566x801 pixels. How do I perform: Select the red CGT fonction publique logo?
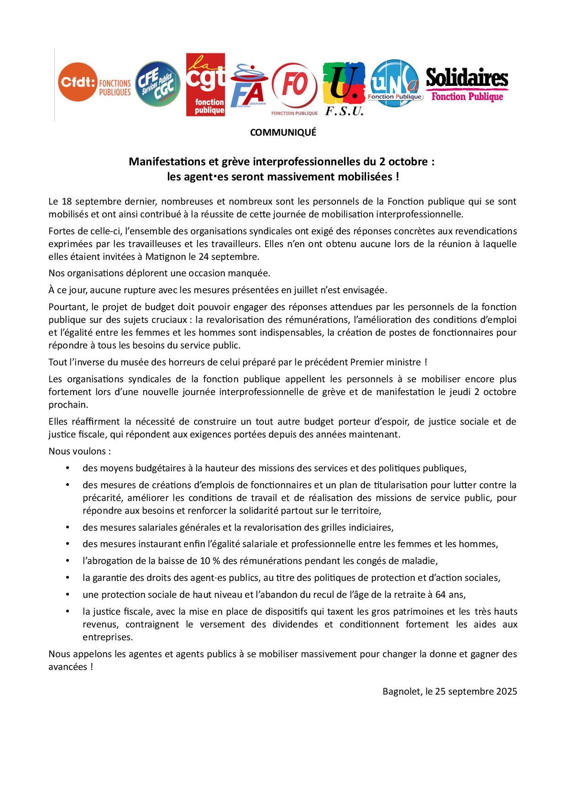pyautogui.click(x=205, y=84)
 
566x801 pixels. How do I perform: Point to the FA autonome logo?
pyautogui.click(x=248, y=87)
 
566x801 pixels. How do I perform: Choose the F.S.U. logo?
pyautogui.click(x=344, y=89)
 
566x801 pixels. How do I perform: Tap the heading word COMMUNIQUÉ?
pyautogui.click(x=283, y=132)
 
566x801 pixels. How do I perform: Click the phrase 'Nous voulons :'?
pyautogui.click(x=80, y=451)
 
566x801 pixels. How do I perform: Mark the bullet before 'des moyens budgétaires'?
pyautogui.click(x=68, y=468)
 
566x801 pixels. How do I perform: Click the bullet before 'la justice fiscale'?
pyautogui.click(x=68, y=611)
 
